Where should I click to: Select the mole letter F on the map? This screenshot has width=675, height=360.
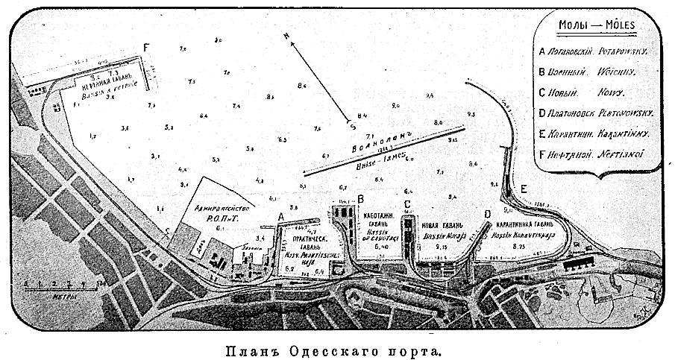coord(147,47)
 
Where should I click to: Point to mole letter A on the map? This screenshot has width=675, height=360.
coord(280,215)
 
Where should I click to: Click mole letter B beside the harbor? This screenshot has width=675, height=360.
coord(360,199)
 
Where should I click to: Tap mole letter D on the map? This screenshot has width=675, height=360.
coord(487,215)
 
